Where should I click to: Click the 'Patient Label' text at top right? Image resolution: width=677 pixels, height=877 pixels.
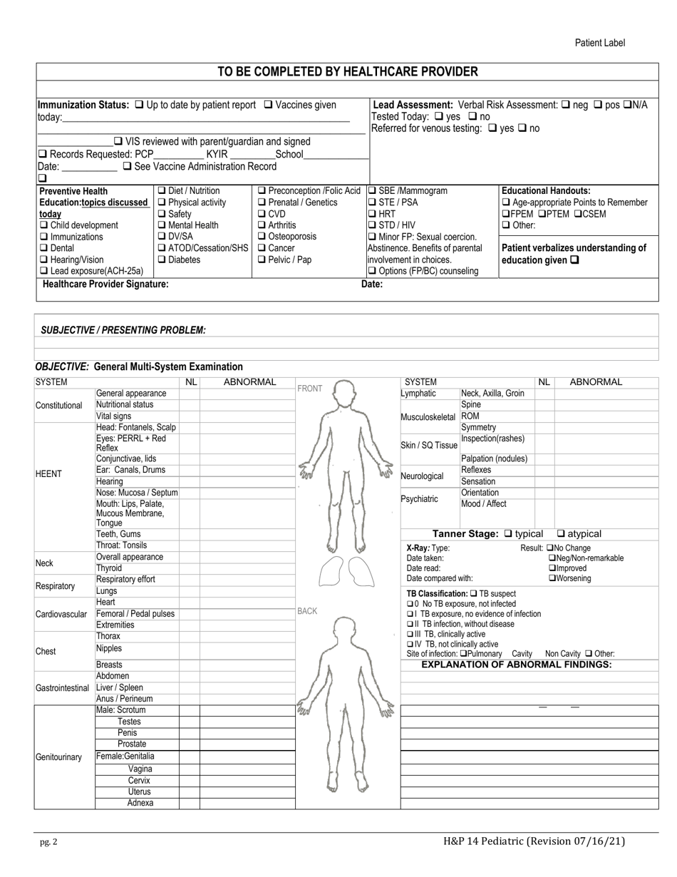tap(600, 43)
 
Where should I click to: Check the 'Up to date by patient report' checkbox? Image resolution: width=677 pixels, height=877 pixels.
tap(139, 106)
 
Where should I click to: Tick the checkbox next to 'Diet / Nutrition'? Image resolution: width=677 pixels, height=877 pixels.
tap(161, 191)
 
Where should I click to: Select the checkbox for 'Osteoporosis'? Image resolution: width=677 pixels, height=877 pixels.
tap(262, 237)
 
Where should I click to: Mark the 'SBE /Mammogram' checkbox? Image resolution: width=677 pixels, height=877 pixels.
tap(372, 191)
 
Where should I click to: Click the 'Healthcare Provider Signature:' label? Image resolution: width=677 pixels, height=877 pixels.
tap(105, 284)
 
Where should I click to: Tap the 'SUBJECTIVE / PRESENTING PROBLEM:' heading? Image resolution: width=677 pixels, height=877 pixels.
tap(123, 330)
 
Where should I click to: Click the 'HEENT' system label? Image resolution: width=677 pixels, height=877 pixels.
tap(48, 474)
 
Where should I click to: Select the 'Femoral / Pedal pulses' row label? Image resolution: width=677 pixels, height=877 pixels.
tap(135, 614)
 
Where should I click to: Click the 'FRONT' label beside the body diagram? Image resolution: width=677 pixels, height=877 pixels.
tap(310, 389)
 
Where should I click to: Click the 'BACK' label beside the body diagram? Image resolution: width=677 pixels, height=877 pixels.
tap(307, 611)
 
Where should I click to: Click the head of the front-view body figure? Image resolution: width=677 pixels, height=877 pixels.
tap(346, 392)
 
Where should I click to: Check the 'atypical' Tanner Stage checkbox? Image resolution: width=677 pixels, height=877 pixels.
tap(561, 534)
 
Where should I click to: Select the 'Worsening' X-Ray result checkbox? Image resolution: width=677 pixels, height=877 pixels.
tap(552, 579)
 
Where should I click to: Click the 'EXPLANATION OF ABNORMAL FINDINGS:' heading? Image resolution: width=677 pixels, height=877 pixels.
tap(517, 665)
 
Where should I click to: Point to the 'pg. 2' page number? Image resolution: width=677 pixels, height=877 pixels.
tap(48, 842)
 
